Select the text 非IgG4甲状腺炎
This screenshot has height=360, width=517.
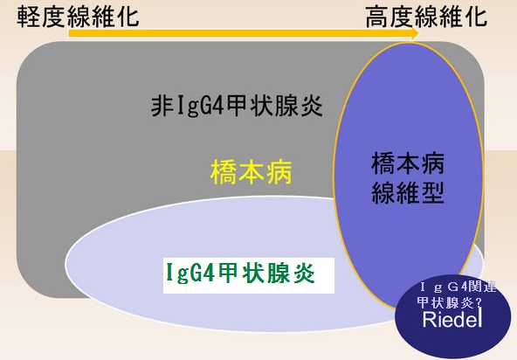click(x=237, y=107)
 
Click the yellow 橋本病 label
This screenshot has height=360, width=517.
click(x=251, y=172)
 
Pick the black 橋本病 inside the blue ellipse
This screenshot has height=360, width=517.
click(x=408, y=163)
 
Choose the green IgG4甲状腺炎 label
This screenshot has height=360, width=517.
click(x=238, y=274)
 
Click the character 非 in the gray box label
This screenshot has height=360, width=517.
click(x=162, y=107)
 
